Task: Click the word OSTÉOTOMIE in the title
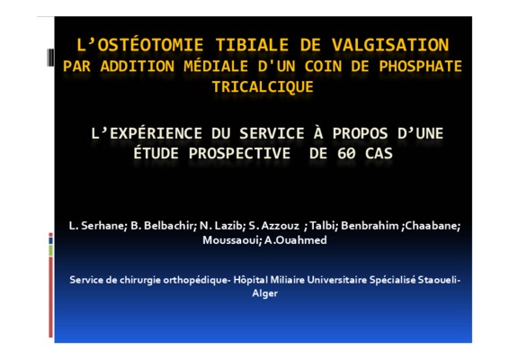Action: click(150, 45)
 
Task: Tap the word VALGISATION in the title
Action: click(390, 45)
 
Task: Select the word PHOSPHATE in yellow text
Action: click(420, 67)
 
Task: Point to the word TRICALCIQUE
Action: click(263, 86)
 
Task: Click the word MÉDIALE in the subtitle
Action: click(216, 67)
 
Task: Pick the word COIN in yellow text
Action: click(323, 67)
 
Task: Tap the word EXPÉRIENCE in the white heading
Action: click(156, 133)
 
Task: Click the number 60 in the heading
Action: click(346, 153)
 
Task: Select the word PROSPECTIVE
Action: click(239, 153)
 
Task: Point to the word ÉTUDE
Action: click(156, 153)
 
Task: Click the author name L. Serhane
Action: click(96, 226)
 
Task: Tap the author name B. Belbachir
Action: click(162, 226)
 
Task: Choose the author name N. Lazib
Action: click(222, 226)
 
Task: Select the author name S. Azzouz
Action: click(273, 226)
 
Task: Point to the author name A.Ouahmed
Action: click(296, 240)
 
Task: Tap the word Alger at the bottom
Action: click(265, 293)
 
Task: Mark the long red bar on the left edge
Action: click(50, 297)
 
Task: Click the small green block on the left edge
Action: click(50, 250)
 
